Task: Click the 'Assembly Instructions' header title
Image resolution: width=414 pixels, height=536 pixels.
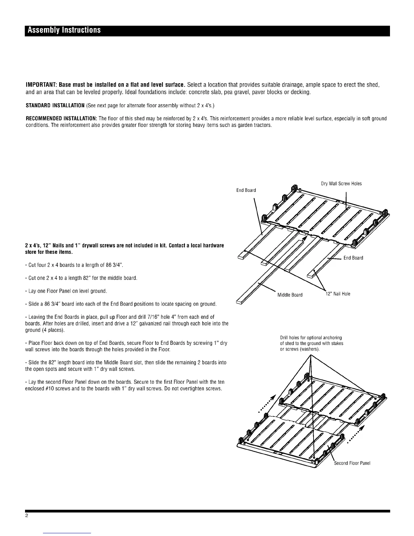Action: click(x=64, y=30)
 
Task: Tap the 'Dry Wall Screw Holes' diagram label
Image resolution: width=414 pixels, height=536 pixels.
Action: click(x=341, y=184)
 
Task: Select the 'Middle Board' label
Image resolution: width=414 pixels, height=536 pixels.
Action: click(x=290, y=295)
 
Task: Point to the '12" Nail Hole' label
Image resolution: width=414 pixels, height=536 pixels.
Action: click(x=337, y=294)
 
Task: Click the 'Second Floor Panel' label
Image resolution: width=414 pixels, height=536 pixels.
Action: click(x=352, y=463)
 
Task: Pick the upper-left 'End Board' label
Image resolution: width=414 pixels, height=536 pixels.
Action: click(x=246, y=190)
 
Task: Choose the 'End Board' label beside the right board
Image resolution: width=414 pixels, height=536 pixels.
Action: click(x=353, y=258)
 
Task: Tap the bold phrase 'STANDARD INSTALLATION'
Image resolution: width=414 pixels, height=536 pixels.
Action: click(x=55, y=106)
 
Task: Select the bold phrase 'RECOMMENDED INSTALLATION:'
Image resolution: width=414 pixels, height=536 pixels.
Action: click(x=62, y=118)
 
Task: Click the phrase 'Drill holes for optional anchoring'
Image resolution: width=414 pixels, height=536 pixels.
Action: click(x=311, y=338)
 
